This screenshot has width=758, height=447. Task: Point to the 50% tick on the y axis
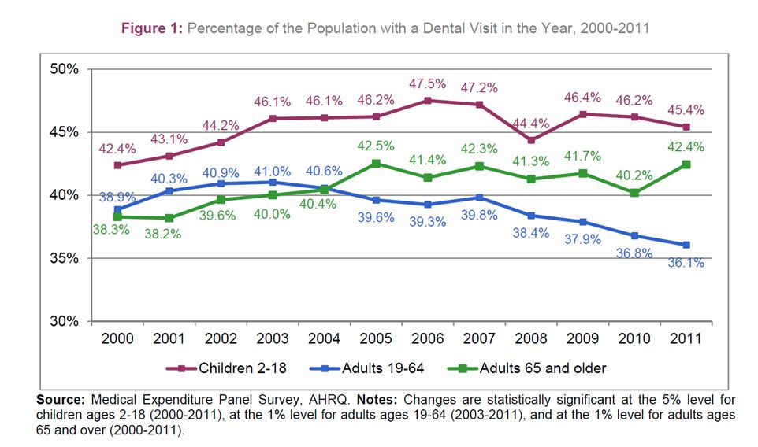click(64, 69)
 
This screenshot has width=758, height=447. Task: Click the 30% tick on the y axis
click(64, 321)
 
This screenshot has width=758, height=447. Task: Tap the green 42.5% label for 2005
click(377, 146)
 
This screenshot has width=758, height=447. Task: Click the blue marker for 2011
click(686, 245)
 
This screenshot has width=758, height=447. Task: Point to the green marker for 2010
click(634, 193)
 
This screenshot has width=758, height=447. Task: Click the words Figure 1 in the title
click(151, 29)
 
